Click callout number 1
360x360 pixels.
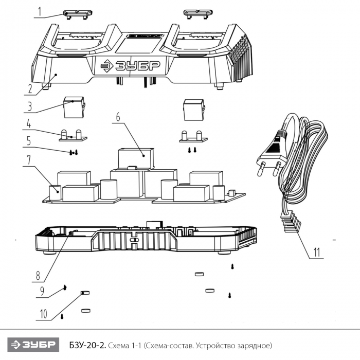[x=40, y=12]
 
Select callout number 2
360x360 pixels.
[x=30, y=89]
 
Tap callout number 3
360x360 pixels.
[x=30, y=106]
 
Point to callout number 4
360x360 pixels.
[x=28, y=124]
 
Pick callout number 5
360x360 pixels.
[x=28, y=141]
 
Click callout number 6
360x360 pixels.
[x=118, y=117]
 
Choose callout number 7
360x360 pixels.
[x=28, y=159]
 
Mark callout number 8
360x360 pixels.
[x=38, y=275]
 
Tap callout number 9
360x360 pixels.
[x=42, y=292]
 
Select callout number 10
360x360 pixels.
[x=43, y=314]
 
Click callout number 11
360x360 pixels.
[x=317, y=253]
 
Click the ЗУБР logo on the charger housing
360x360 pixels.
[x=130, y=66]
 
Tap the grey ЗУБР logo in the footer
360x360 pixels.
[x=33, y=345]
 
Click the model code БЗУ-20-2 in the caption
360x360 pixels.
[x=87, y=345]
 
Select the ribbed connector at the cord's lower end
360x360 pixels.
[x=290, y=222]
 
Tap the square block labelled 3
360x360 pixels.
[x=74, y=107]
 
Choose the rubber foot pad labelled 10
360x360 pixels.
[x=85, y=293]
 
